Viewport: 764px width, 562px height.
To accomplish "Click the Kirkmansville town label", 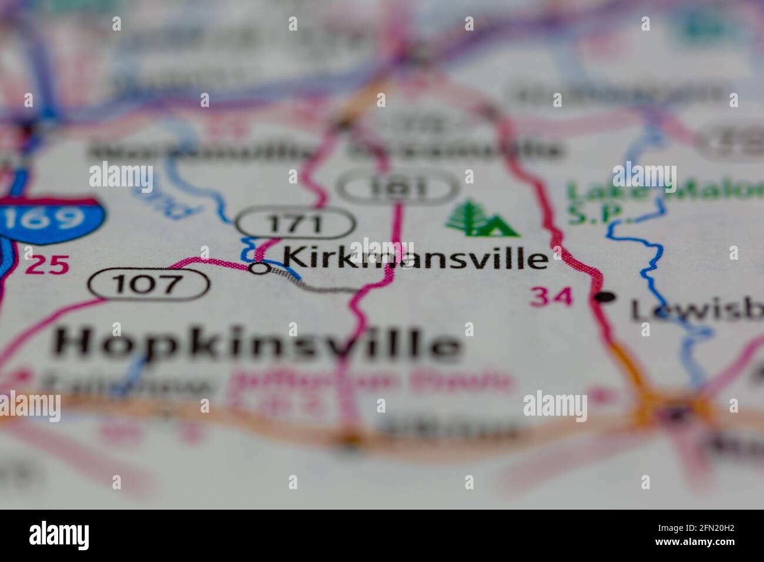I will point(415,258).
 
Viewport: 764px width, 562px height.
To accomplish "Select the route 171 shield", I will point(296,223).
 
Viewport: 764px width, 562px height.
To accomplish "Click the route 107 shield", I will point(148,285).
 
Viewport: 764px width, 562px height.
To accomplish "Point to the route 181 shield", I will point(398,188).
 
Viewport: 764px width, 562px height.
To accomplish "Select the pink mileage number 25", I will point(46,265).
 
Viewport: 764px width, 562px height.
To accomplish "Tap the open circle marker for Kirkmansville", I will point(259,268).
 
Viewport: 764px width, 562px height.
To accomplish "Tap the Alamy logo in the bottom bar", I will point(59,535).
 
